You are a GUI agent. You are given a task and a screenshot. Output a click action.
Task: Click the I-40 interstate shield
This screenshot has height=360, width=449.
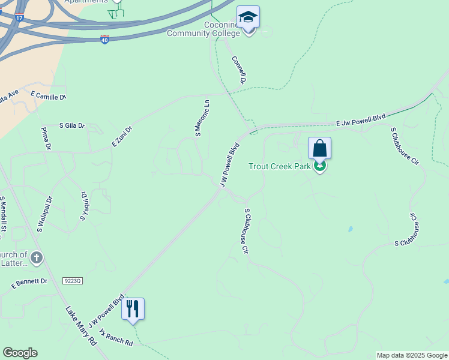105,39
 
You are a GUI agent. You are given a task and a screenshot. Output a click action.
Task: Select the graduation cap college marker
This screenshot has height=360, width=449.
248,18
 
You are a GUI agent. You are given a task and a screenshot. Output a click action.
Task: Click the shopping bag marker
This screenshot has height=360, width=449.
320,148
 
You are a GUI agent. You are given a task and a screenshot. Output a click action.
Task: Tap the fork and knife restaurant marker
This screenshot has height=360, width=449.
133,309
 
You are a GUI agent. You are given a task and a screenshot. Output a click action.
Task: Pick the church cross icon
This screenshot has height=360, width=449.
37,258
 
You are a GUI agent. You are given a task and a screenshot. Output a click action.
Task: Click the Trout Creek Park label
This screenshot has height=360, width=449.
279,166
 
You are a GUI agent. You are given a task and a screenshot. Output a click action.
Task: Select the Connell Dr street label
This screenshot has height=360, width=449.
239,70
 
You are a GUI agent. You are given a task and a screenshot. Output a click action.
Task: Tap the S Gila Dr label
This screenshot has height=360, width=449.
72,126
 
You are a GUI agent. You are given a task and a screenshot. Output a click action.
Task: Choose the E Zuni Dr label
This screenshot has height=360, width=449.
121,136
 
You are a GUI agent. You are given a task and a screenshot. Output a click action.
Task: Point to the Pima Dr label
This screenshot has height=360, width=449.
44,139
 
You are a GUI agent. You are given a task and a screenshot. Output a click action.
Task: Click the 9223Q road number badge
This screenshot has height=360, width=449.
71,280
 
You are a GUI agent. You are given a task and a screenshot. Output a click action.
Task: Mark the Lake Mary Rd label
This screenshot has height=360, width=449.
81,326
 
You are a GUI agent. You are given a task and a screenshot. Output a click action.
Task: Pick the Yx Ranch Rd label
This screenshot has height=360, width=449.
116,337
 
